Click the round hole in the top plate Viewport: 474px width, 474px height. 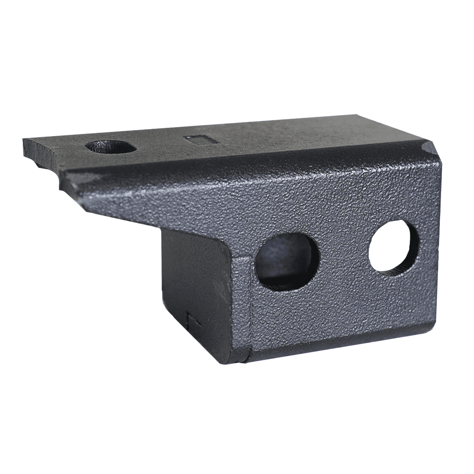[x=111, y=147]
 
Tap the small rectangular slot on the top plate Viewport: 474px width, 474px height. [x=200, y=139]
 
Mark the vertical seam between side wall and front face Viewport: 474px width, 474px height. [x=248, y=307]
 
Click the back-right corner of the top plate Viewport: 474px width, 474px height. [x=358, y=116]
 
